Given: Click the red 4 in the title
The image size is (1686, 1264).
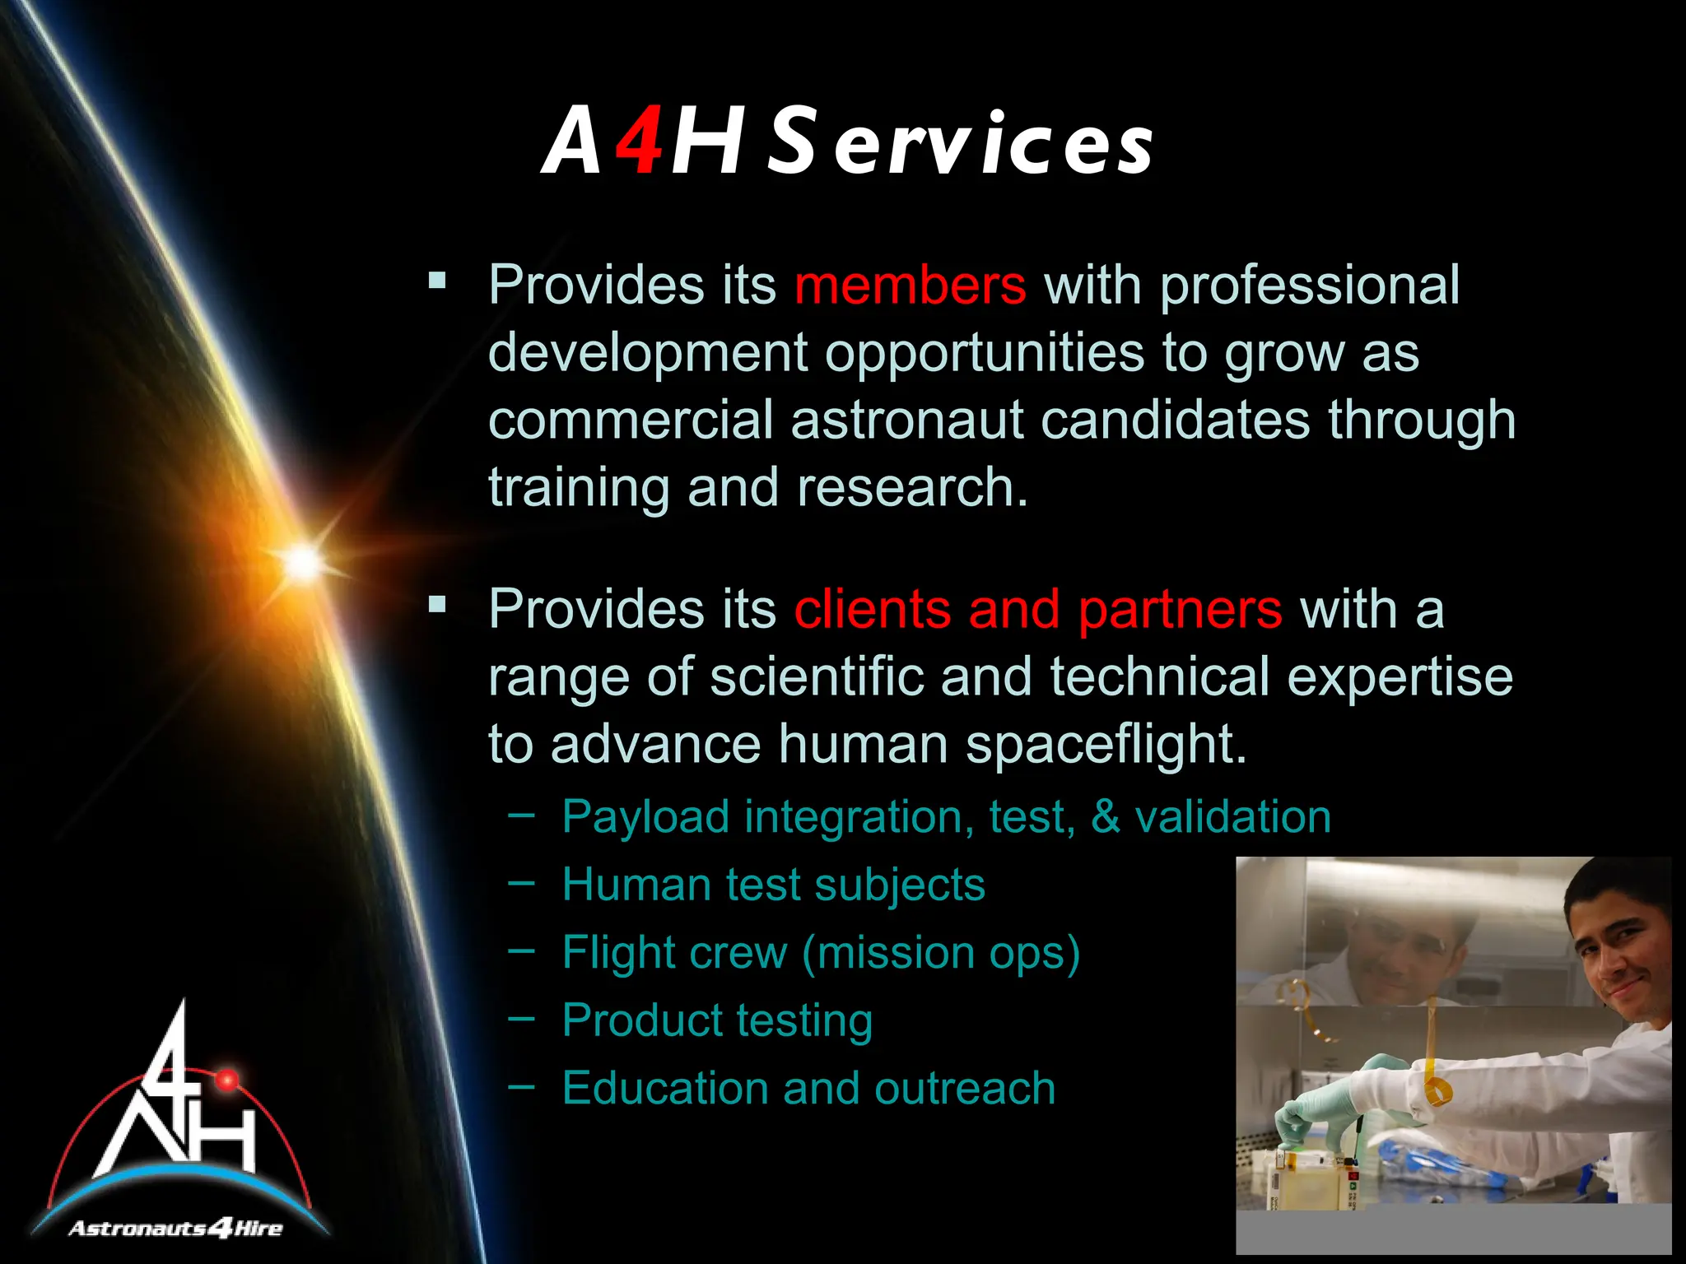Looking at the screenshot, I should pos(640,142).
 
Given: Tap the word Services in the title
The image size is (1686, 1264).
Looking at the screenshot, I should pos(960,142).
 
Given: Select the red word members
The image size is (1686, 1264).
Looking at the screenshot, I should pos(910,286).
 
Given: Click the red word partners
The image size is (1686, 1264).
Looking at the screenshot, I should pos(1180,610).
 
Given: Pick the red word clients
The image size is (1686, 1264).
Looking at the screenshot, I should pos(872,610).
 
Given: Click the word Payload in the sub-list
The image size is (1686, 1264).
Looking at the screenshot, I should pos(645,818).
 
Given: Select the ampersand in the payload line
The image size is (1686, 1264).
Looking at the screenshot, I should pos(1105,817).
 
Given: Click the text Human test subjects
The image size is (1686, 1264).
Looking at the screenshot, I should pos(773,885).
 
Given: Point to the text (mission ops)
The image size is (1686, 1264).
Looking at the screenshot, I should pos(940,953).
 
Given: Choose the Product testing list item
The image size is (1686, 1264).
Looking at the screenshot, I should pos(717,1021).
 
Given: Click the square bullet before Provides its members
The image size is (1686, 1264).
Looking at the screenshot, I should pos(437,282).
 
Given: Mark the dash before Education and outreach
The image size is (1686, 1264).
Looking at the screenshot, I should pos(521,1086).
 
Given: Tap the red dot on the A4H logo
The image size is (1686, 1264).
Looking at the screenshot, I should pos(227,1079).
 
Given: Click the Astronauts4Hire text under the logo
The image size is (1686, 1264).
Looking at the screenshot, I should pos(175,1229).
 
